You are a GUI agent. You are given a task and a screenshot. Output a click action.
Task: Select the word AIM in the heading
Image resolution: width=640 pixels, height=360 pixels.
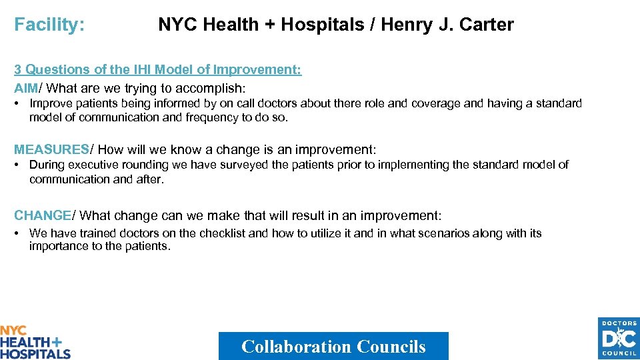click(x=26, y=88)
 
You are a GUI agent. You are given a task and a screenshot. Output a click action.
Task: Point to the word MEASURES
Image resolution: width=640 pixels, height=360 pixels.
click(x=51, y=150)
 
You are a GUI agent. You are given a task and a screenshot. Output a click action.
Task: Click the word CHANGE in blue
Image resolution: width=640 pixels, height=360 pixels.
click(x=43, y=215)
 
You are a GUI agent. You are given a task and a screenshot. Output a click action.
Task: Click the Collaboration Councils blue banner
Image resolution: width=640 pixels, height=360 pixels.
click(x=333, y=346)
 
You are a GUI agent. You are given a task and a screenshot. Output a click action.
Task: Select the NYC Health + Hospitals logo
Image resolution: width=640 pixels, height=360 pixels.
click(x=35, y=342)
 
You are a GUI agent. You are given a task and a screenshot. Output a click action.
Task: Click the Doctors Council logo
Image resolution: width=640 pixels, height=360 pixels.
click(x=618, y=338)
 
